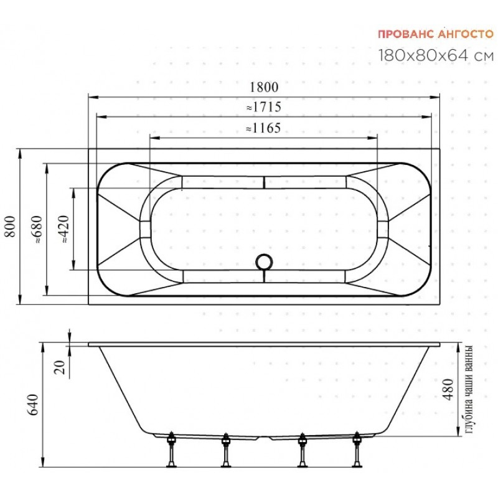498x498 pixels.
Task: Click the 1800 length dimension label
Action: (x=264, y=87)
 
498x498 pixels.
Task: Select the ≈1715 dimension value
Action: (x=264, y=107)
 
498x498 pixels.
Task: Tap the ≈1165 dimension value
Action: (x=263, y=128)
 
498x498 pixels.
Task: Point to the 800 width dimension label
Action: (x=10, y=227)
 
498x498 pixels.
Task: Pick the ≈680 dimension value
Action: (x=37, y=229)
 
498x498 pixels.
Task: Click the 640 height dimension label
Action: (x=33, y=405)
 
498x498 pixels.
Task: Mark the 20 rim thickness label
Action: (x=60, y=367)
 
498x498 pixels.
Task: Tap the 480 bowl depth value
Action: (x=448, y=390)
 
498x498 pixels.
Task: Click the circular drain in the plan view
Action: (x=264, y=261)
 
